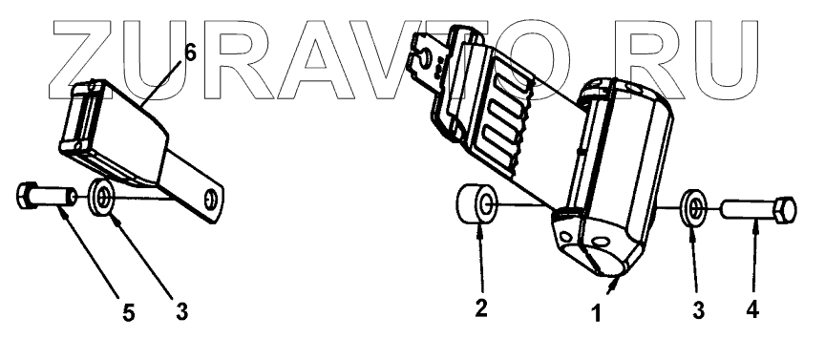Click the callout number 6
pos(190,53)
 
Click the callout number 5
pos(129,313)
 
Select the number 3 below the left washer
pos(182,312)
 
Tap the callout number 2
pos(481,308)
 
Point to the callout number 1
pos(596,313)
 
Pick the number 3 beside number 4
pos(698,310)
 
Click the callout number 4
pos(753,309)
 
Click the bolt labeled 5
pos(45,196)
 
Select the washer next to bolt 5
pos(102,198)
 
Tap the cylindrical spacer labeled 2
pos(476,203)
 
